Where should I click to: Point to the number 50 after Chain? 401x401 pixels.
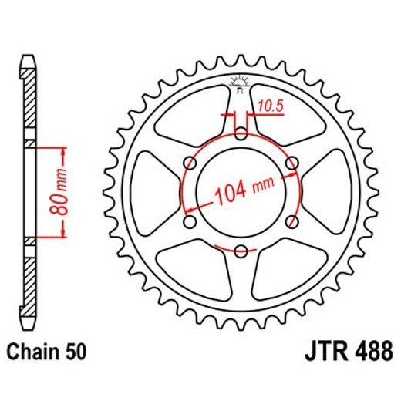point(75,352)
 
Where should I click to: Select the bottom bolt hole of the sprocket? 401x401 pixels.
point(241,251)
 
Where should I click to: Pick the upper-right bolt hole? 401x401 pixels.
point(291,164)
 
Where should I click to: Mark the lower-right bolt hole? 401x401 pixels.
point(291,222)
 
